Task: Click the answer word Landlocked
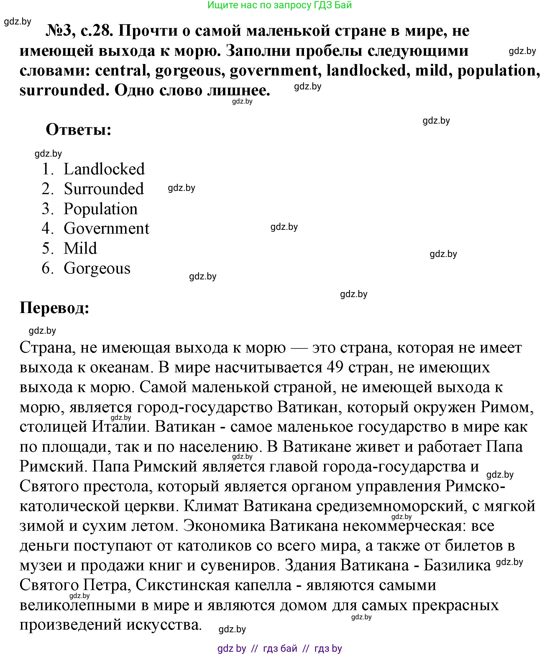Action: pyautogui.click(x=104, y=169)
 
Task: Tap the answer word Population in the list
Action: pyautogui.click(x=101, y=209)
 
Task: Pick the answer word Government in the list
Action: pyautogui.click(x=106, y=229)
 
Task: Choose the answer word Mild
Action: pyautogui.click(x=80, y=248)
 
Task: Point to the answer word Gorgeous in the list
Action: pyautogui.click(x=97, y=268)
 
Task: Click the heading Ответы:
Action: pyautogui.click(x=79, y=130)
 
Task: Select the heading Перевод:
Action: pyautogui.click(x=55, y=307)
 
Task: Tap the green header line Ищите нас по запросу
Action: pyautogui.click(x=279, y=5)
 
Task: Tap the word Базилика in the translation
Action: pyautogui.click(x=457, y=566)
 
